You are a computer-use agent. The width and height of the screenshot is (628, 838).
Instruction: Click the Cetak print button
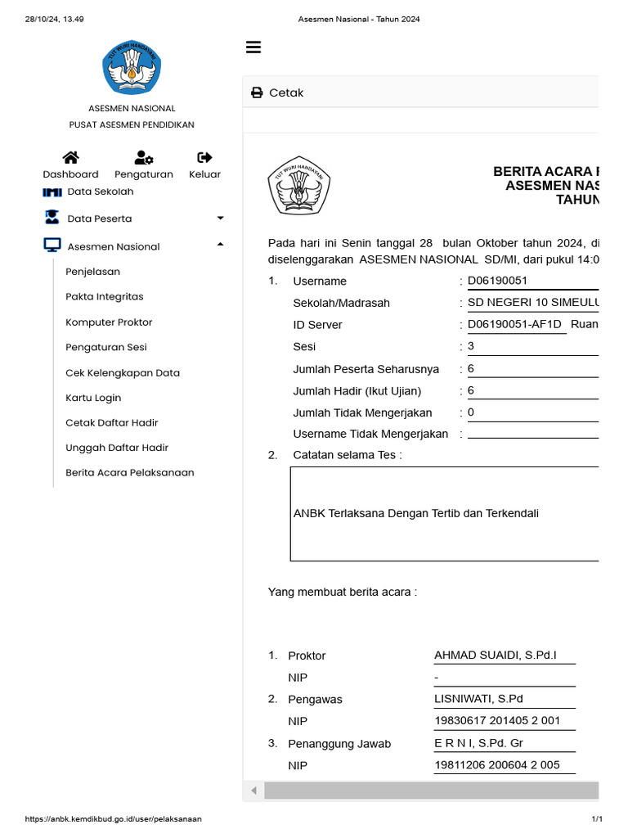pyautogui.click(x=277, y=92)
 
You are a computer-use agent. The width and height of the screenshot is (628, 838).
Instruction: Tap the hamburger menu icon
pyautogui.click(x=253, y=47)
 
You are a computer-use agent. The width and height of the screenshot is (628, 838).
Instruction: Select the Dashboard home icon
pyautogui.click(x=70, y=164)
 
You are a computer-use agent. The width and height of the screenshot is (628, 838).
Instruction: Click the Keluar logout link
pyautogui.click(x=204, y=164)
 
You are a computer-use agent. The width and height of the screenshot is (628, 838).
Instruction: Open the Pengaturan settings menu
pyautogui.click(x=144, y=164)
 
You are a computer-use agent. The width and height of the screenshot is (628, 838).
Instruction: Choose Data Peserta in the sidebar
pyautogui.click(x=99, y=219)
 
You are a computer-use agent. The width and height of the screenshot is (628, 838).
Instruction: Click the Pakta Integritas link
pyautogui.click(x=104, y=296)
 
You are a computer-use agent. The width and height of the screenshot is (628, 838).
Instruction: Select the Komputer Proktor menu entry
pyautogui.click(x=109, y=322)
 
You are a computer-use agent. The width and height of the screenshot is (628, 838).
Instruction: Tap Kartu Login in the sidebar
pyautogui.click(x=93, y=398)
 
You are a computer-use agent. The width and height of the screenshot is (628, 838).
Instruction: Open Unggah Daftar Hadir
pyautogui.click(x=111, y=448)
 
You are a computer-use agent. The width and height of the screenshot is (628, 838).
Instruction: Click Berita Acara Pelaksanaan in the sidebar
pyautogui.click(x=129, y=472)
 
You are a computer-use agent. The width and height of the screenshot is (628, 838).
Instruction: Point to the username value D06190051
pyautogui.click(x=497, y=281)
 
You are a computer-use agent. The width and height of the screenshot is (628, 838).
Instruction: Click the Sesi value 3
pyautogui.click(x=471, y=346)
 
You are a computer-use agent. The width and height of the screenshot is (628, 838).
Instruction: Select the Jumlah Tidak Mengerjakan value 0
pyautogui.click(x=471, y=412)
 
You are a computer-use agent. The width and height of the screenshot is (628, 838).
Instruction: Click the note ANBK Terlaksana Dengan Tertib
pyautogui.click(x=415, y=513)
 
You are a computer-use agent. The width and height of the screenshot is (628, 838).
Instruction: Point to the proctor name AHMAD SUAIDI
pyautogui.click(x=495, y=656)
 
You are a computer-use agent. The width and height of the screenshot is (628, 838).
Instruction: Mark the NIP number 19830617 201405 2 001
pyautogui.click(x=496, y=721)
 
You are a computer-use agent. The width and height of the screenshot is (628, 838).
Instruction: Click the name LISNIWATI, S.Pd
pyautogui.click(x=478, y=699)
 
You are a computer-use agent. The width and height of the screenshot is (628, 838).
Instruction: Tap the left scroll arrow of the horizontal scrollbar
pyautogui.click(x=253, y=791)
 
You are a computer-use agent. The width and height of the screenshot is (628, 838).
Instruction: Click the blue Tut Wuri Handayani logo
pyautogui.click(x=132, y=70)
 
